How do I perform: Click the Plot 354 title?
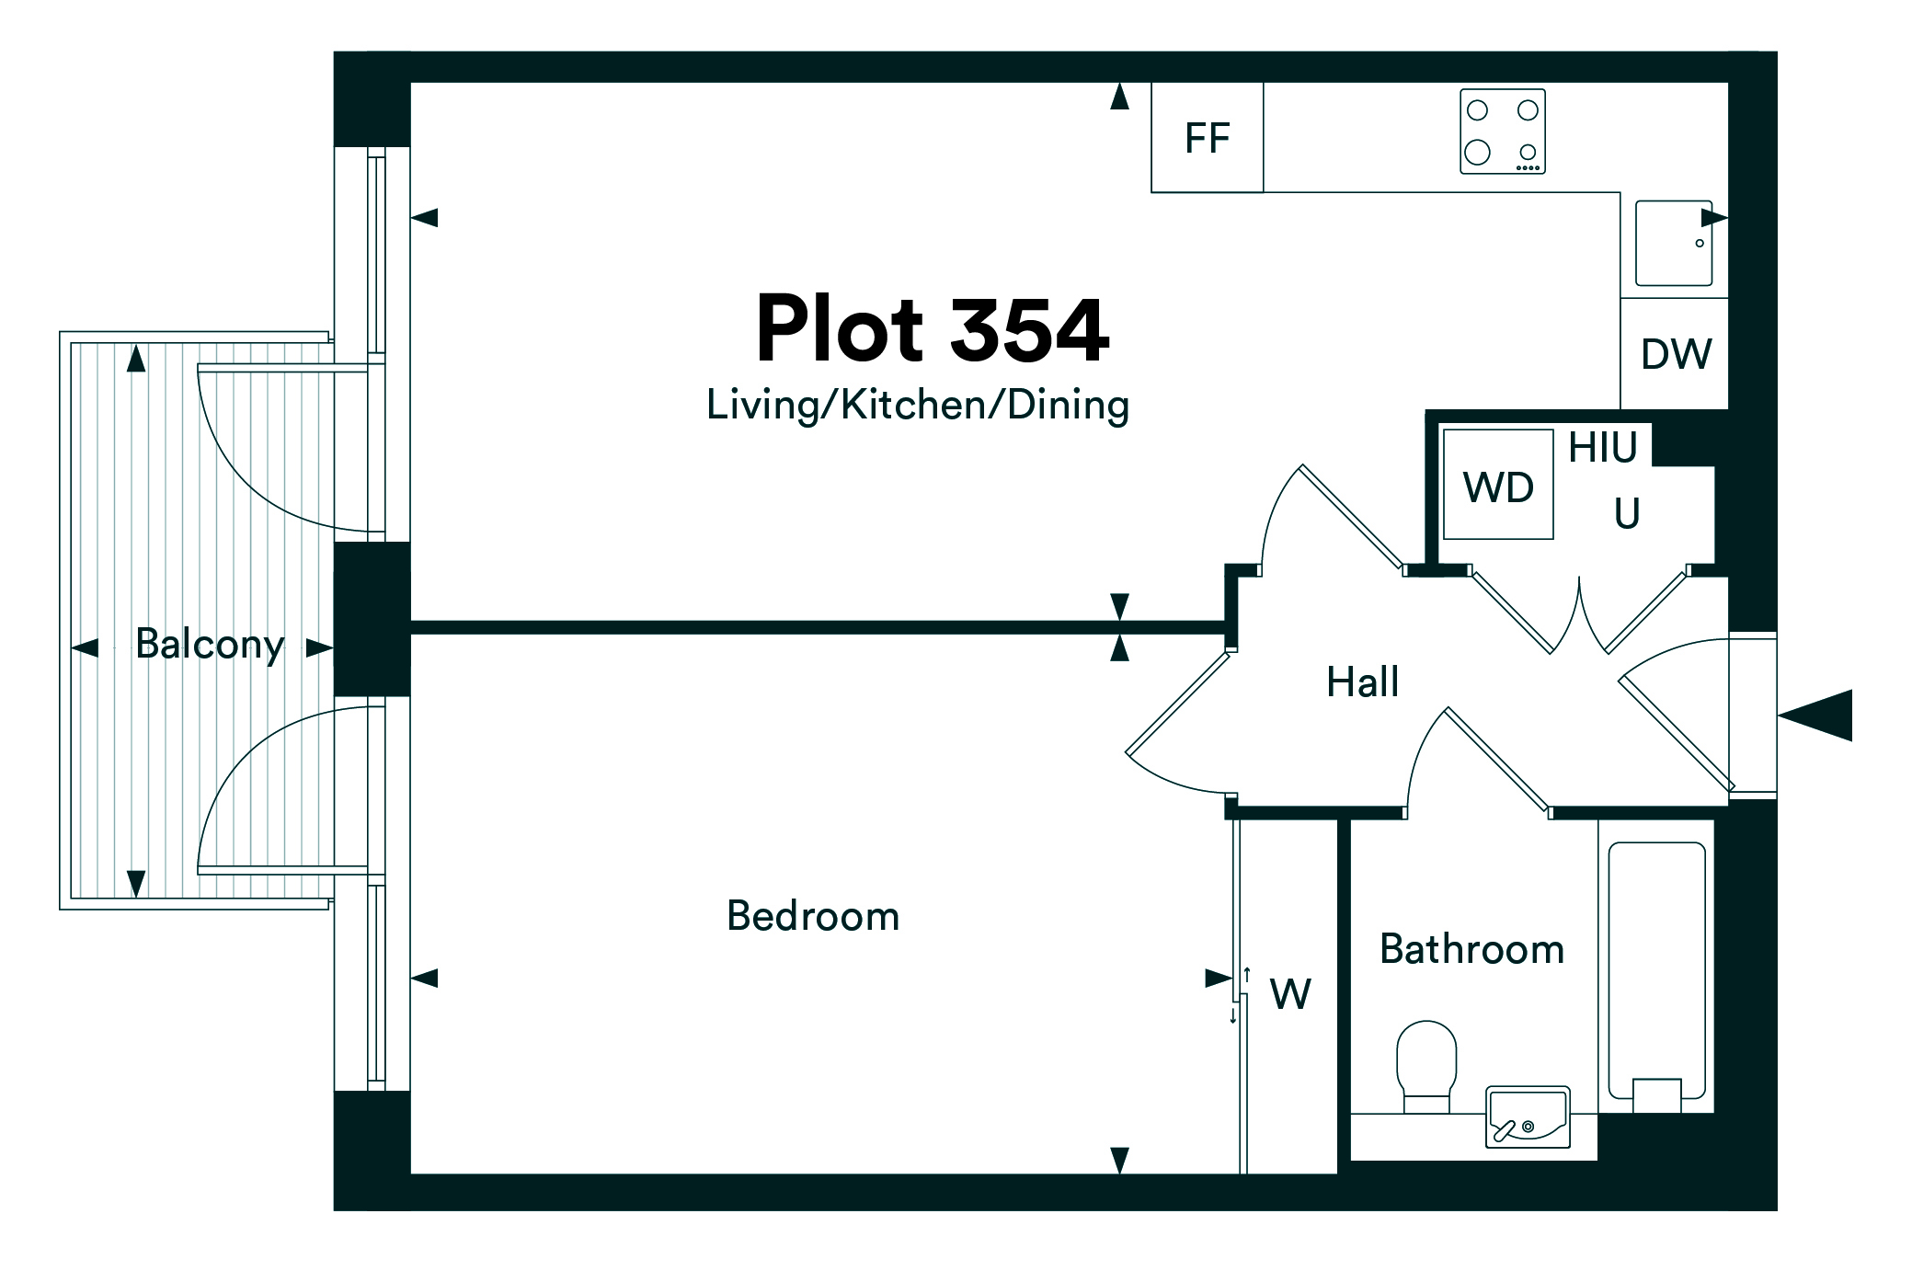coord(932,329)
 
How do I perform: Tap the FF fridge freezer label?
coord(1207,138)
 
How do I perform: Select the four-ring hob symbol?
coord(1502,132)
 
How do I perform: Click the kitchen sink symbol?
coord(1673,243)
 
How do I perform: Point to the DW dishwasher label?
coord(1676,354)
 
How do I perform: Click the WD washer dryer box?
coord(1498,485)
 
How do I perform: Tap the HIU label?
coord(1603,448)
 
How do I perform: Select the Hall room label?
coord(1362,682)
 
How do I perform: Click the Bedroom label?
coord(813,916)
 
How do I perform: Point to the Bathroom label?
coord(1471,949)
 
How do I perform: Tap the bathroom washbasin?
coord(1528,1116)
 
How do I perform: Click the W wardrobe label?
coord(1290,994)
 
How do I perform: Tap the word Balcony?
coord(210,644)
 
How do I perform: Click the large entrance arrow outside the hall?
coord(1816,715)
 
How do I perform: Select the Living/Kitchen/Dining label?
coord(917,405)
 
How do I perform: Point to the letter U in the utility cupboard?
coord(1627,513)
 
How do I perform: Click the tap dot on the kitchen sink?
coord(1700,243)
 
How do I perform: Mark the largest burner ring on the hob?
coord(1477,152)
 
